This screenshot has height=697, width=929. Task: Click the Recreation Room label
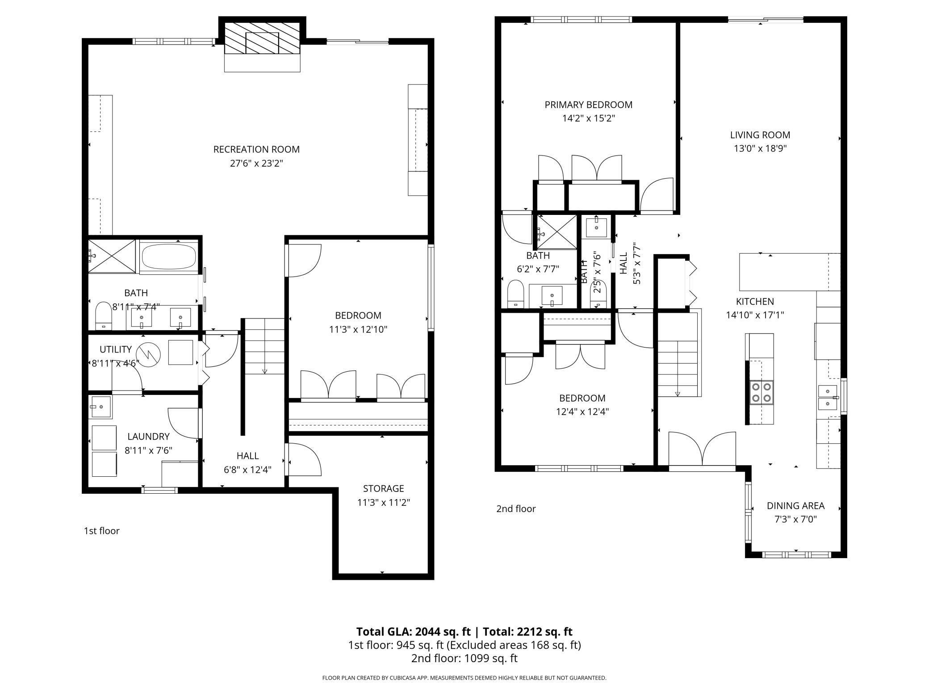click(256, 149)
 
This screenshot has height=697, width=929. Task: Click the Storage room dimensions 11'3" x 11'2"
click(383, 503)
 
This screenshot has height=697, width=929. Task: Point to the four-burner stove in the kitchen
click(762, 392)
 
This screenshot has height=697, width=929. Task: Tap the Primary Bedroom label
click(588, 105)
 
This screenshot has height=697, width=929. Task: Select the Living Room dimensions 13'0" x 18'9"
click(760, 148)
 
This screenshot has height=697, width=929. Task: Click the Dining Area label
click(795, 505)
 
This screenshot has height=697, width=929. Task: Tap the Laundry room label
click(148, 437)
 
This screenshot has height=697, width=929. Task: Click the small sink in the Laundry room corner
click(100, 407)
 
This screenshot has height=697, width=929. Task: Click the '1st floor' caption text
click(102, 531)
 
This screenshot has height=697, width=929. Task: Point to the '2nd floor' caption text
click(516, 508)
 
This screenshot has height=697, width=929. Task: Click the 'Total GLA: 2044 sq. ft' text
click(413, 631)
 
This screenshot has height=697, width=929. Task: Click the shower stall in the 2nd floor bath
click(557, 231)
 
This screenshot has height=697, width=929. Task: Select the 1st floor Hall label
click(247, 456)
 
